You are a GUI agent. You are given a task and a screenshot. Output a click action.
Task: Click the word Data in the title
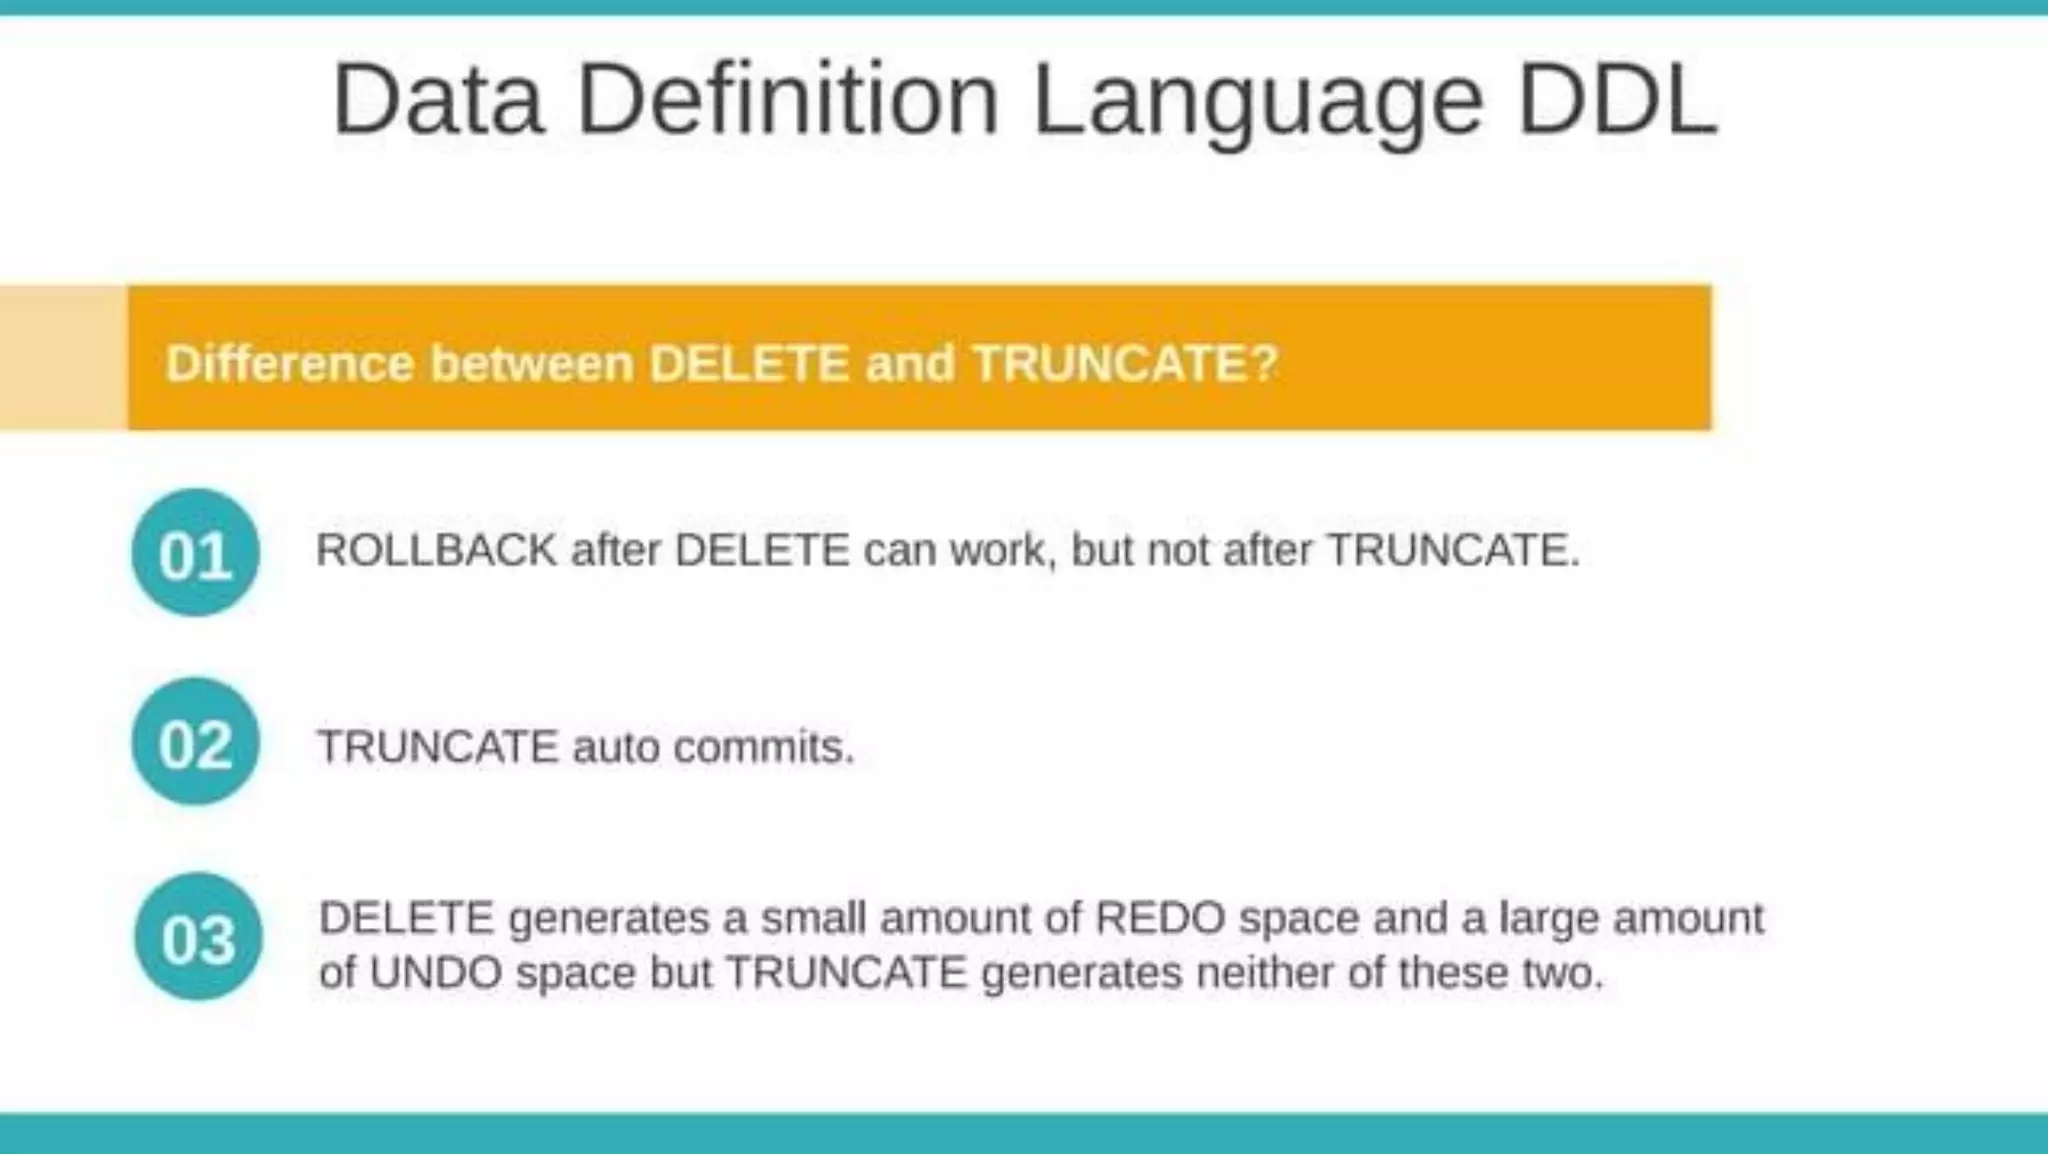[438, 100]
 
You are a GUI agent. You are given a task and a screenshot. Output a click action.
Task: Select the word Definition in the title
[788, 100]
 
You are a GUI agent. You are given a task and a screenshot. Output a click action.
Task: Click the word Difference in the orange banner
[289, 362]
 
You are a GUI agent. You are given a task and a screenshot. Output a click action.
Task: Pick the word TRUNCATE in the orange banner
[1109, 362]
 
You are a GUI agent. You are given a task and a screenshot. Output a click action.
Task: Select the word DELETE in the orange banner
[749, 362]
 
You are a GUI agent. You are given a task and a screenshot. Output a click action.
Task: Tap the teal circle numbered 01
[196, 553]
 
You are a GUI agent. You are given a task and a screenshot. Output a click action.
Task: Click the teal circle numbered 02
[196, 742]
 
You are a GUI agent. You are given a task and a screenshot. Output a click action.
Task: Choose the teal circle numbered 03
[198, 937]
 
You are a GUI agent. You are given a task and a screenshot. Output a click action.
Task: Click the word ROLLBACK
[436, 550]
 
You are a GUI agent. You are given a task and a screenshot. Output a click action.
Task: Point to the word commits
[763, 747]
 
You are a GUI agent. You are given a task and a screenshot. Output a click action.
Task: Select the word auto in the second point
[615, 747]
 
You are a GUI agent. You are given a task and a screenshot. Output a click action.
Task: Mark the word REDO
[1160, 918]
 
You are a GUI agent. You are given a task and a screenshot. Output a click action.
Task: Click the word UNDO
[435, 972]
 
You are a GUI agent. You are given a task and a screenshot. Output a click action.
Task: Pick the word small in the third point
[813, 918]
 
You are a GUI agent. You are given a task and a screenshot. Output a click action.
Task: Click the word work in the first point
[1003, 550]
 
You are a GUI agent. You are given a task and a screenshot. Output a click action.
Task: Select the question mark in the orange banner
[1265, 362]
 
